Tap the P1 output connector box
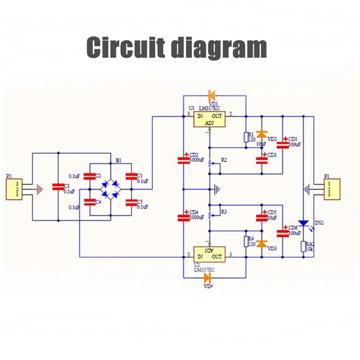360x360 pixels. click(329, 189)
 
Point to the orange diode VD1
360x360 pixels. click(211, 95)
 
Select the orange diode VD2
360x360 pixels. click(262, 135)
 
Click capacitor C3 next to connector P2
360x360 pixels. click(58, 187)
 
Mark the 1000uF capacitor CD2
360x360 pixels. click(183, 160)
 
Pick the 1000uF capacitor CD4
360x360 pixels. click(183, 217)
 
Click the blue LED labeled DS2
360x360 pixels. click(304, 224)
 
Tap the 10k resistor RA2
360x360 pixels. click(304, 247)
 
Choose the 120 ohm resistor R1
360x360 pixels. click(245, 137)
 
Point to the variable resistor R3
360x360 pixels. click(209, 213)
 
